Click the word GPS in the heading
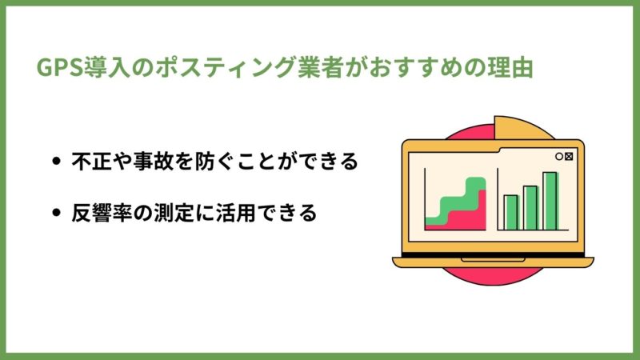point(60,68)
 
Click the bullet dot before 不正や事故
point(56,161)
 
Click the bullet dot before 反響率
point(56,213)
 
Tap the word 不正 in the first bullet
point(92,161)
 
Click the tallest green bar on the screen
point(550,202)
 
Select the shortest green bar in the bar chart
point(511,213)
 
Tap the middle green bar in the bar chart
point(530,208)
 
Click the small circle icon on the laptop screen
point(559,156)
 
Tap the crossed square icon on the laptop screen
point(569,156)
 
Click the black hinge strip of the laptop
point(493,255)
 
